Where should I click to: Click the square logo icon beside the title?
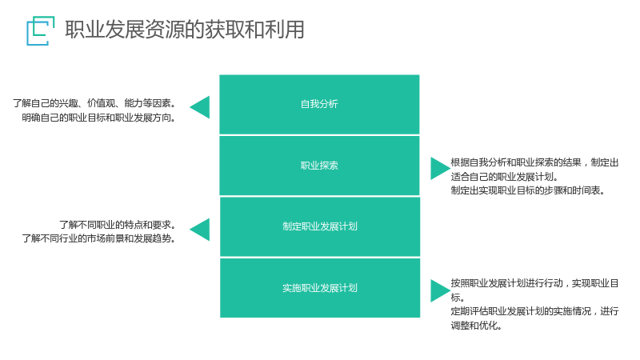point(41,30)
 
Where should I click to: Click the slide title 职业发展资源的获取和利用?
point(185,30)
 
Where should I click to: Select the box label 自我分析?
point(319,104)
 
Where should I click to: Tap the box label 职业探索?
point(319,166)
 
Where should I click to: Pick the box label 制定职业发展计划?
point(319,226)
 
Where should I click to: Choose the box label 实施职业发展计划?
point(319,288)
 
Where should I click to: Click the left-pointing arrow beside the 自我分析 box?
point(199,107)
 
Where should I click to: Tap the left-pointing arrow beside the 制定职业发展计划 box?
point(199,230)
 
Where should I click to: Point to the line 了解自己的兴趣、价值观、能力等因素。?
point(94,103)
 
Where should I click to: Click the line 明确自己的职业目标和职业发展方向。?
point(98,118)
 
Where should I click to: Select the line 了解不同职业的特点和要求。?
point(118,225)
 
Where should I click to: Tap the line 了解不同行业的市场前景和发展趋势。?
point(98,238)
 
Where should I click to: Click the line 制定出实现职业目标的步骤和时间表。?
point(528,190)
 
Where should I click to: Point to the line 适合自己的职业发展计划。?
point(505,177)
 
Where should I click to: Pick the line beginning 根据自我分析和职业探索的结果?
point(534,162)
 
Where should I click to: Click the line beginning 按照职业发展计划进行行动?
point(534,283)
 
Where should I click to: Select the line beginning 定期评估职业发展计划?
point(534,311)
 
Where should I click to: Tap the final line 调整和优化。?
point(476,326)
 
